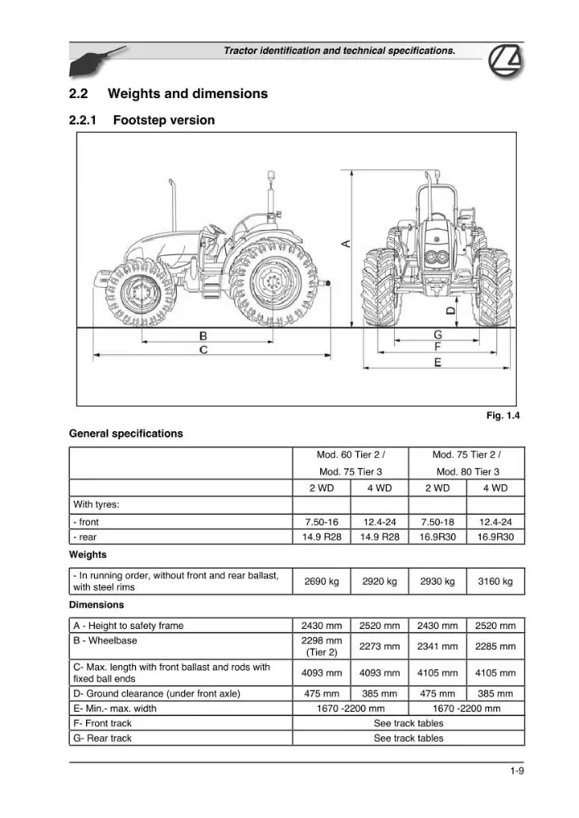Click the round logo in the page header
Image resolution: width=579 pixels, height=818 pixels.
click(504, 61)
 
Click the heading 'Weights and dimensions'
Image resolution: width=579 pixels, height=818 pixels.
click(188, 94)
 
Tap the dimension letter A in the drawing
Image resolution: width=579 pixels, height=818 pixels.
click(346, 243)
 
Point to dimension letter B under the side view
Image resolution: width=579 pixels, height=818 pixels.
click(204, 336)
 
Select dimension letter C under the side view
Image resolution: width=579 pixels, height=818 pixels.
click(204, 349)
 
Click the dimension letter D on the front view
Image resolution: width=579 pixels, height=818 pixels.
click(450, 311)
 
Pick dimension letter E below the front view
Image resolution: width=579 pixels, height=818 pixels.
click(437, 362)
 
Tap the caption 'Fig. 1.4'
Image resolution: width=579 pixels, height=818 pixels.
click(503, 416)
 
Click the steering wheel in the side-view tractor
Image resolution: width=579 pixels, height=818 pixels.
click(215, 230)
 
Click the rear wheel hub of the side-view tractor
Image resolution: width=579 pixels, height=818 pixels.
click(273, 283)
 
